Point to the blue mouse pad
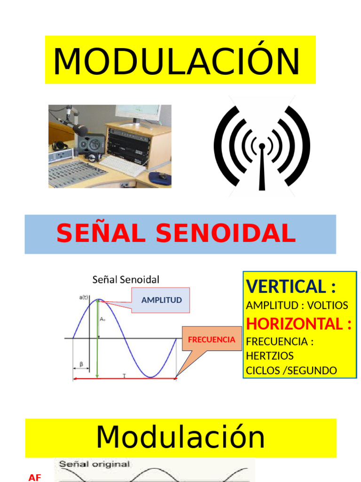160,178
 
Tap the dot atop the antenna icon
262,146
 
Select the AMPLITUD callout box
162,300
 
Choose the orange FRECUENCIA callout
212,339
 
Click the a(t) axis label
85,297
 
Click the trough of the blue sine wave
150,376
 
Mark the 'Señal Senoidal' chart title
126,280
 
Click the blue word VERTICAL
285,286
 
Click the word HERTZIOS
269,355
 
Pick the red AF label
35,478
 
